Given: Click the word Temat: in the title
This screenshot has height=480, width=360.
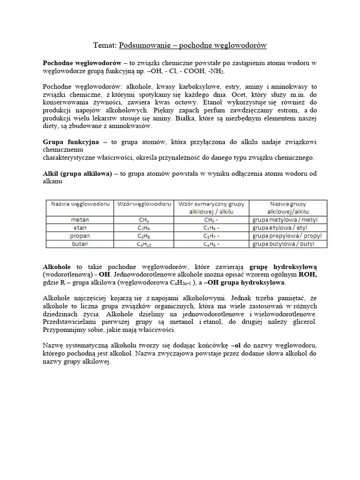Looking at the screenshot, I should click(x=105, y=45).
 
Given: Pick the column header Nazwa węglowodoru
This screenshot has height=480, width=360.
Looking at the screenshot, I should click(x=80, y=204).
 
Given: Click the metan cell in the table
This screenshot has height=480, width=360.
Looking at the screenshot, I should click(x=80, y=219).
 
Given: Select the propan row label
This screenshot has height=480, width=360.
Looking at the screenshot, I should click(x=80, y=236).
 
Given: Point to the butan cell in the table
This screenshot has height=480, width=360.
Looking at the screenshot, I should click(x=80, y=244).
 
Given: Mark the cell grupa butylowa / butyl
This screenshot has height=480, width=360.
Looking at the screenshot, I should click(x=283, y=244).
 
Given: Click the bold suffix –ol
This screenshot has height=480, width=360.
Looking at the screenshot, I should click(x=263, y=345).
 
